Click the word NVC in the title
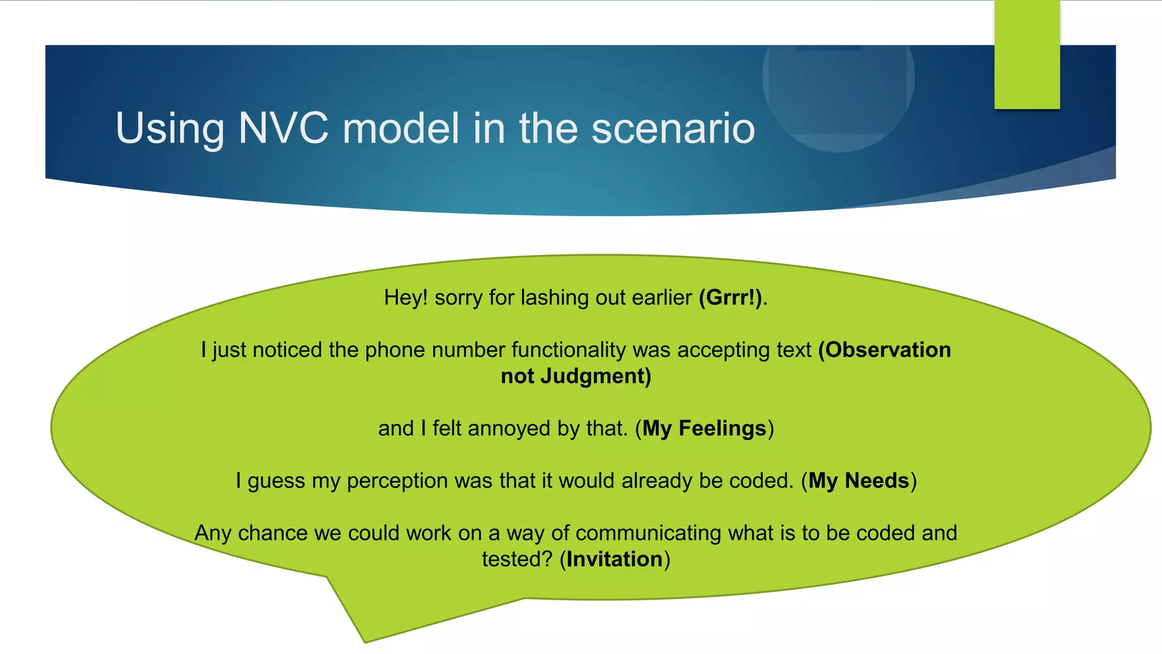[283, 128]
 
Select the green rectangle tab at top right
[1027, 54]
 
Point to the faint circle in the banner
[838, 85]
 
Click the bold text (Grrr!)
[730, 297]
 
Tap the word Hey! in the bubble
[405, 297]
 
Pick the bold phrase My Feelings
[704, 428]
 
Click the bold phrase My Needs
[858, 481]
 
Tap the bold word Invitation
[614, 559]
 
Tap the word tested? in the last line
[517, 559]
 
